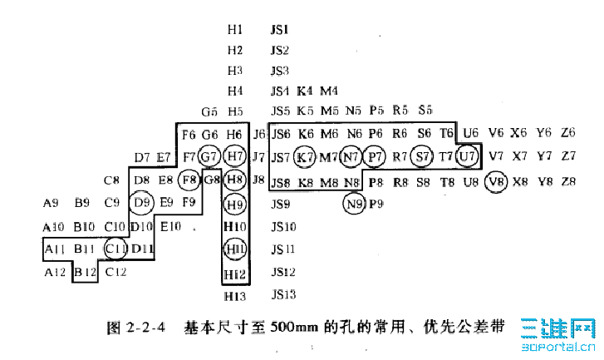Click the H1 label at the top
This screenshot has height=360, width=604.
235,29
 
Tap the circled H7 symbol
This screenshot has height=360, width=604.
235,155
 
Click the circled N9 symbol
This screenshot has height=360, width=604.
355,202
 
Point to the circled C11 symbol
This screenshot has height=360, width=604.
116,248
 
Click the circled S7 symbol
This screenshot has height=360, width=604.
424,155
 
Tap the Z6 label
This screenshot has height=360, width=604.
568,132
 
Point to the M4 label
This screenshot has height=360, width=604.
329,90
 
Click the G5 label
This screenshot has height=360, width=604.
209,111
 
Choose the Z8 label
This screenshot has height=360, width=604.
568,180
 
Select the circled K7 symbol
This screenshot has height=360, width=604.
306,155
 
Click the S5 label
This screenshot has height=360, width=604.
425,110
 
